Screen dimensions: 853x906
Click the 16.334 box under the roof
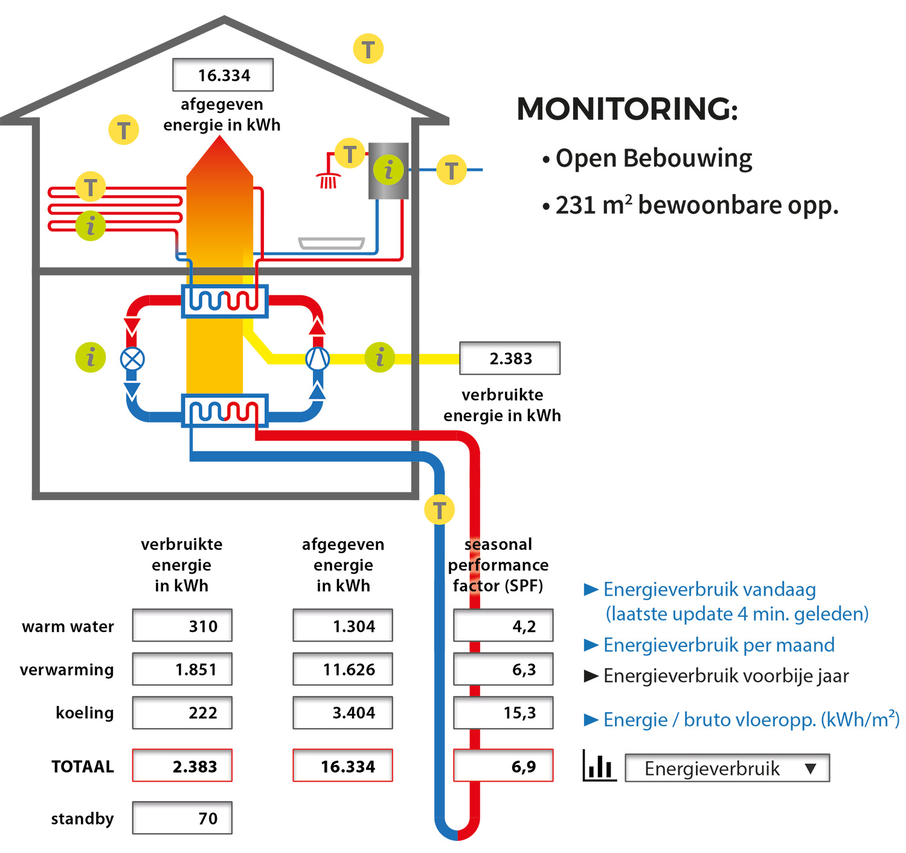click(223, 75)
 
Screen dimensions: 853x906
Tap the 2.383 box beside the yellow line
click(510, 358)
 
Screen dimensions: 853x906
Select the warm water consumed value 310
click(182, 626)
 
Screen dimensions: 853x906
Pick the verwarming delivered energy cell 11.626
click(343, 669)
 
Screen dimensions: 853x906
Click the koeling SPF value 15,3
click(503, 713)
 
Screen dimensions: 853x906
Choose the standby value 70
click(182, 818)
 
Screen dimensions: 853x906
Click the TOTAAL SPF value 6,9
click(503, 766)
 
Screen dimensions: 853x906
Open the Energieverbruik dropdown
click(727, 768)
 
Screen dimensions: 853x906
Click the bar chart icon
click(599, 766)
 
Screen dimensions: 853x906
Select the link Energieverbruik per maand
click(718, 645)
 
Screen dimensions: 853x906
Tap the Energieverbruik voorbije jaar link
click(725, 676)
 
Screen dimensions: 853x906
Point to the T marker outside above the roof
click(368, 49)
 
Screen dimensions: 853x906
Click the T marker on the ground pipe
click(439, 510)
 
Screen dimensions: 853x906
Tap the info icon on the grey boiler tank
click(388, 170)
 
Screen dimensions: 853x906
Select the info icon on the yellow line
click(380, 358)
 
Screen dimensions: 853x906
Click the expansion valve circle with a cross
click(132, 359)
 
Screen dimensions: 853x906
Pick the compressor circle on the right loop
click(317, 359)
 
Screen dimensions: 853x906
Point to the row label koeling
click(85, 713)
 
